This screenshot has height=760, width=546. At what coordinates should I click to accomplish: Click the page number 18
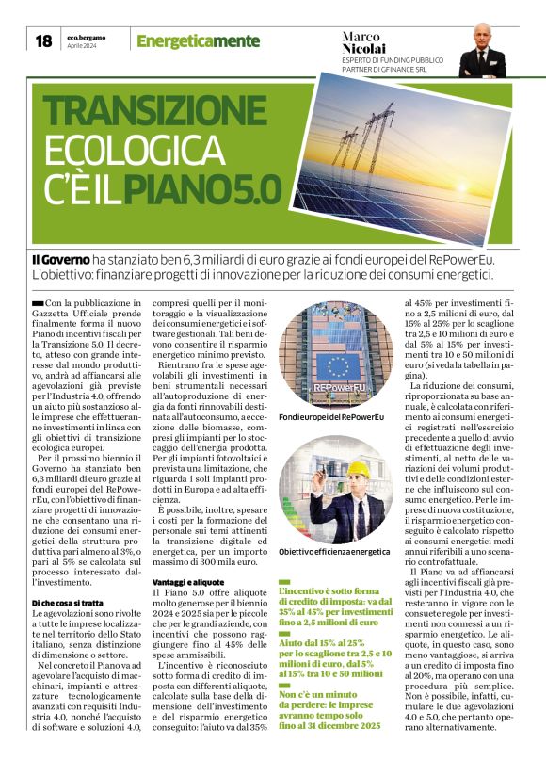point(43,40)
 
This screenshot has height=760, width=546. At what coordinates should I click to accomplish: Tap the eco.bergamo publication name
point(87,36)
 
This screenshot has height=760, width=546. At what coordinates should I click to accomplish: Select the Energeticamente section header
point(197,40)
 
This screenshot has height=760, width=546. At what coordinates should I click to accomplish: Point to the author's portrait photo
point(484,50)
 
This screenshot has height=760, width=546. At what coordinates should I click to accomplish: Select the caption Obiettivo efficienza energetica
point(333,551)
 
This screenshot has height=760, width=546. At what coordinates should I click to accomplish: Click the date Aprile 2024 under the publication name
point(82,45)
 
